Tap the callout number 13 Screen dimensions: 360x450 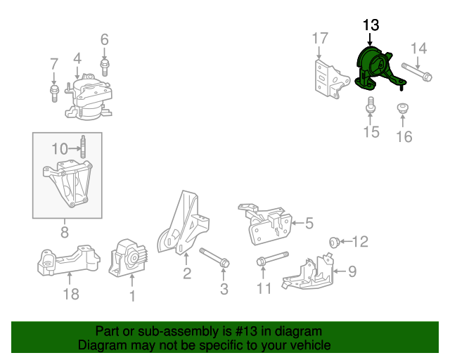(371, 25)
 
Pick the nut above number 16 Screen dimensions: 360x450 (404, 109)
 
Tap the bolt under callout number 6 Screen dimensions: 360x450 (105, 67)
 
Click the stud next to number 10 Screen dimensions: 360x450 (83, 148)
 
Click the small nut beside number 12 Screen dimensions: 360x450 (335, 243)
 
